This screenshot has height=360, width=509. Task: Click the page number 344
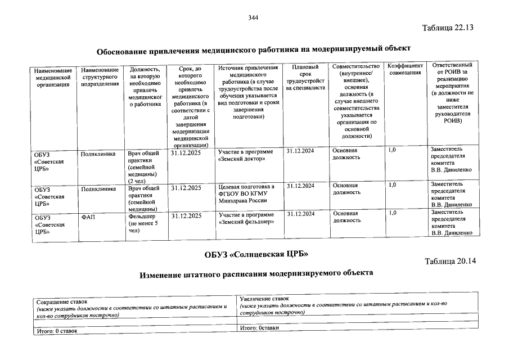click(253, 18)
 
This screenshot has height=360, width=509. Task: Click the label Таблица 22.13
click(448, 28)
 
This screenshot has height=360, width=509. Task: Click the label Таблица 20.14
click(451, 262)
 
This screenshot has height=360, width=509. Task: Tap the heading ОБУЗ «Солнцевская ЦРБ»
click(256, 254)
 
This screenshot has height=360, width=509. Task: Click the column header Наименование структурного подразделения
click(100, 77)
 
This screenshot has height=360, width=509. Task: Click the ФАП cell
click(87, 216)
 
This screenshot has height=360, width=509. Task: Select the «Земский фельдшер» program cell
click(246, 218)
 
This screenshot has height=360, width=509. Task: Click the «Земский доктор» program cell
click(246, 155)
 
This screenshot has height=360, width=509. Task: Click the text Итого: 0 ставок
click(56, 331)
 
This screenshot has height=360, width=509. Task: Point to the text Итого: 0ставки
click(259, 327)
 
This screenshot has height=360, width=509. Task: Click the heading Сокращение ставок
click(62, 302)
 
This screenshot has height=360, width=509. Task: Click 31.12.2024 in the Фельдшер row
click(300, 214)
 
